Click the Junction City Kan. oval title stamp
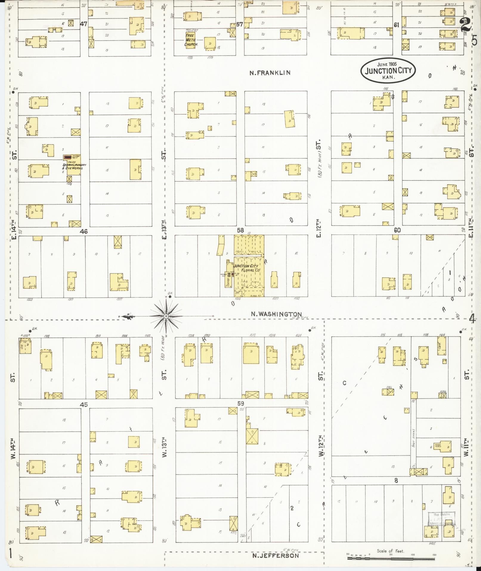point(388,71)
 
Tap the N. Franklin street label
point(270,73)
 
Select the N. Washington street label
point(276,314)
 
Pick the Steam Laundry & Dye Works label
point(74,167)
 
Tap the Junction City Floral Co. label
point(247,267)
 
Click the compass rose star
point(166,316)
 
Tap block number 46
point(84,231)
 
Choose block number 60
point(397,230)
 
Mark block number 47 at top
point(83,24)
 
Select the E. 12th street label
point(318,228)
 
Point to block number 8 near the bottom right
point(396,481)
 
